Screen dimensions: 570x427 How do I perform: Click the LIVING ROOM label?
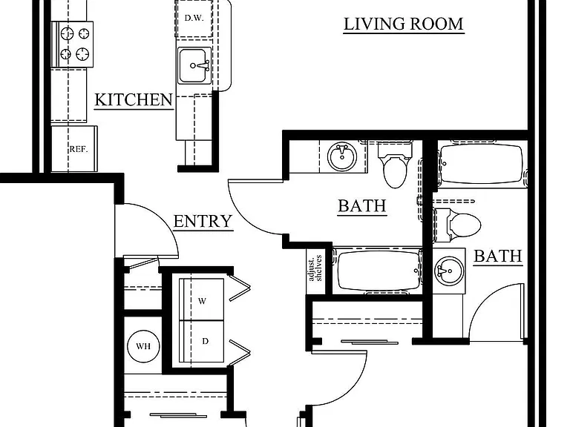tap(404, 24)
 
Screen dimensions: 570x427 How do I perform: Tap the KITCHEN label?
tap(134, 100)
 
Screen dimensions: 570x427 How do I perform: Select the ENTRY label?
tap(203, 221)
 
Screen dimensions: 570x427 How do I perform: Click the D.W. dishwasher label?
tap(194, 18)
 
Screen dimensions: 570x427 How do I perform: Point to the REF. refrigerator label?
tap(79, 149)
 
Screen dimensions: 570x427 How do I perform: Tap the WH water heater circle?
tap(143, 346)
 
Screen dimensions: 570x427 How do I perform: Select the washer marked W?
tap(201, 299)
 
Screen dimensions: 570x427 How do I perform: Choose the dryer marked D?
tap(201, 341)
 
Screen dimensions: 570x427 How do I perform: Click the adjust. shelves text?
tap(315, 268)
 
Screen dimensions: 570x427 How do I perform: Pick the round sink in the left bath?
tap(341, 156)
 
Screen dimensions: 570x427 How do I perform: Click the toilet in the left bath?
tap(395, 165)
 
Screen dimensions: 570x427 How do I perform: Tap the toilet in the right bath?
tap(457, 225)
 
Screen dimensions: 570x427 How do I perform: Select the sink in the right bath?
tap(449, 271)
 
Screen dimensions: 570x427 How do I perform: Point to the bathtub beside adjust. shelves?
tap(378, 271)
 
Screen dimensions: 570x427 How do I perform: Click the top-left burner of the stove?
tap(68, 33)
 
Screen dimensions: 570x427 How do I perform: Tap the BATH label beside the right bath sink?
tap(498, 256)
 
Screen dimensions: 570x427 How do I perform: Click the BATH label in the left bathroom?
tap(362, 206)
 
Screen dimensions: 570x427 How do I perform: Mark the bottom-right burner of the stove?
tap(82, 54)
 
